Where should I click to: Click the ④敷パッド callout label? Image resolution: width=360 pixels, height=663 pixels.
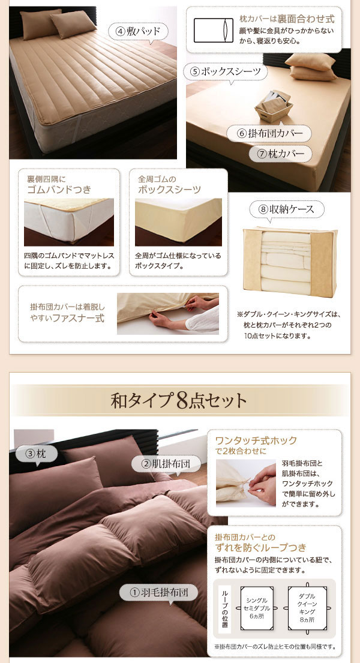point(138,32)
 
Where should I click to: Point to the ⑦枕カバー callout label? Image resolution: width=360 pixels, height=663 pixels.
point(280,154)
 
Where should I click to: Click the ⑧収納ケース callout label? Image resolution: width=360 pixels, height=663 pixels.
point(286,209)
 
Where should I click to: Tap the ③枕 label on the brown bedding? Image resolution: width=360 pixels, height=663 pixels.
point(37,455)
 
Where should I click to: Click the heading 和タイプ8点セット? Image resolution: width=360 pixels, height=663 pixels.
point(179,401)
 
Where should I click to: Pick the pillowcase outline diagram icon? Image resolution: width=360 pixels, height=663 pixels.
point(213,30)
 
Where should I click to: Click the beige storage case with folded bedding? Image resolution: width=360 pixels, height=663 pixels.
point(290,262)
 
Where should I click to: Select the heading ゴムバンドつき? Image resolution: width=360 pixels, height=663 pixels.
point(59,189)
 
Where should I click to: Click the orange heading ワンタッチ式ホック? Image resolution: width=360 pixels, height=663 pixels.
point(256,440)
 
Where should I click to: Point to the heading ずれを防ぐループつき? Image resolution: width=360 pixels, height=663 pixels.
point(260,548)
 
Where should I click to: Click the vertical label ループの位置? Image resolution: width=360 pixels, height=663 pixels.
point(224,607)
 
